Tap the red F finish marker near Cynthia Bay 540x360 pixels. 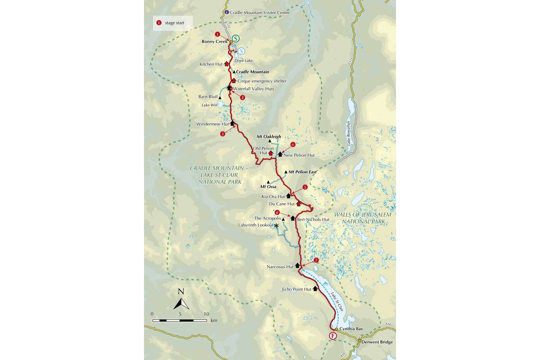[x=333, y=336]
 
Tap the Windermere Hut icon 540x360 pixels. [x=232, y=123]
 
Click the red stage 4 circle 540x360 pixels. [x=293, y=144]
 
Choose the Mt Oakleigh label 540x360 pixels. [x=269, y=136]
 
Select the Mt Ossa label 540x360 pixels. [x=269, y=187]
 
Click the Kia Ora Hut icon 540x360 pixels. [x=288, y=196]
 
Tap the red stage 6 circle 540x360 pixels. [x=277, y=212]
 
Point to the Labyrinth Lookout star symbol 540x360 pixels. [x=276, y=225]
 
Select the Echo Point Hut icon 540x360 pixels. [x=315, y=289]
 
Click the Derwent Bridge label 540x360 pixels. [x=377, y=342]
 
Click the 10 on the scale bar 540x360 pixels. [x=207, y=314]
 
